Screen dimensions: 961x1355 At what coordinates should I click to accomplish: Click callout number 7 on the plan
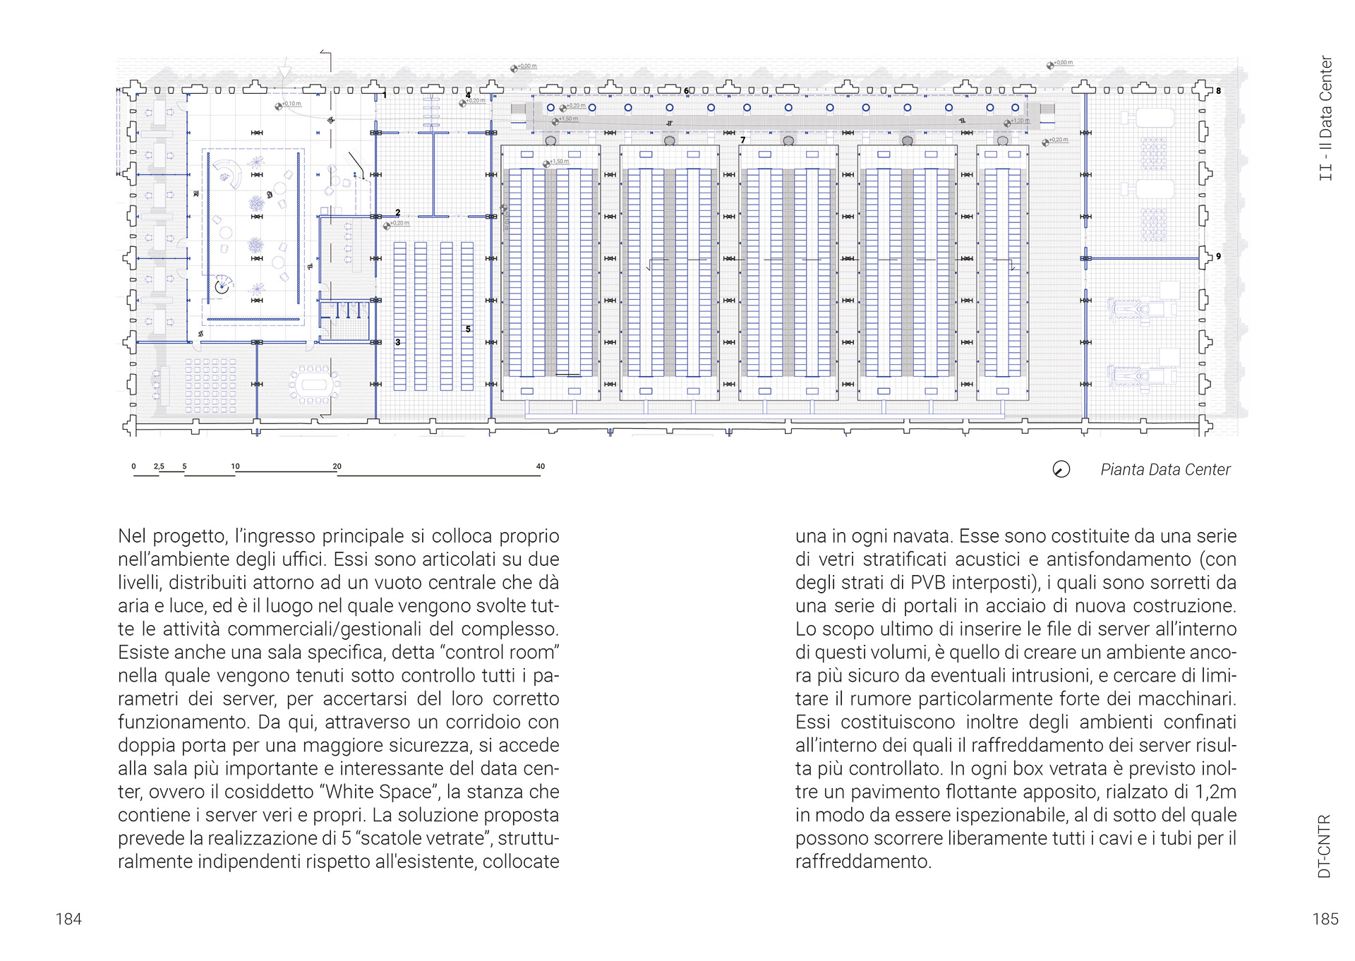[742, 140]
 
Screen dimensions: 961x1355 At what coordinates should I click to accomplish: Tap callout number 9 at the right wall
[1218, 257]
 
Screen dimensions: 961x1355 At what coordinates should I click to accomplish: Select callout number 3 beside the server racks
[398, 342]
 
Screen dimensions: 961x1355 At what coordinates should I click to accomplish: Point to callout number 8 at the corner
[1218, 91]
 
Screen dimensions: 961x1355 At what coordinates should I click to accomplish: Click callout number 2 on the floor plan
[398, 212]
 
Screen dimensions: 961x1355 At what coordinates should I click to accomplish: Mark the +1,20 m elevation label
[1020, 121]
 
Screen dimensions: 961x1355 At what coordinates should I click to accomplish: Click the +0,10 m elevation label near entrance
[291, 104]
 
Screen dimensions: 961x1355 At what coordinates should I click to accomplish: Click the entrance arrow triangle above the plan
[284, 72]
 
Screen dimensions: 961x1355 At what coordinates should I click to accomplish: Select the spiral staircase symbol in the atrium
[223, 286]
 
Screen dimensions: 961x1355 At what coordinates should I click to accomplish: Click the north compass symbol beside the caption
[1061, 469]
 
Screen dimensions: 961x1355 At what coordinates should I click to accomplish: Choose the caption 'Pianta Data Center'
[1165, 470]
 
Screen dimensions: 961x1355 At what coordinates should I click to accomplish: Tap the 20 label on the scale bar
[337, 466]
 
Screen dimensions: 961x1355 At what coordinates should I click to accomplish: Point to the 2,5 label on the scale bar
[159, 466]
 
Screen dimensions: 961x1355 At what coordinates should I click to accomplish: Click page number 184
[68, 919]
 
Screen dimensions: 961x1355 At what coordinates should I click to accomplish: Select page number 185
[1325, 919]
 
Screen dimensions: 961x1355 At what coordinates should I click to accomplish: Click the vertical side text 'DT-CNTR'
[1325, 846]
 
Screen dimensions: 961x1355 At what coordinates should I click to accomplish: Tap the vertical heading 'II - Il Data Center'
[1326, 118]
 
